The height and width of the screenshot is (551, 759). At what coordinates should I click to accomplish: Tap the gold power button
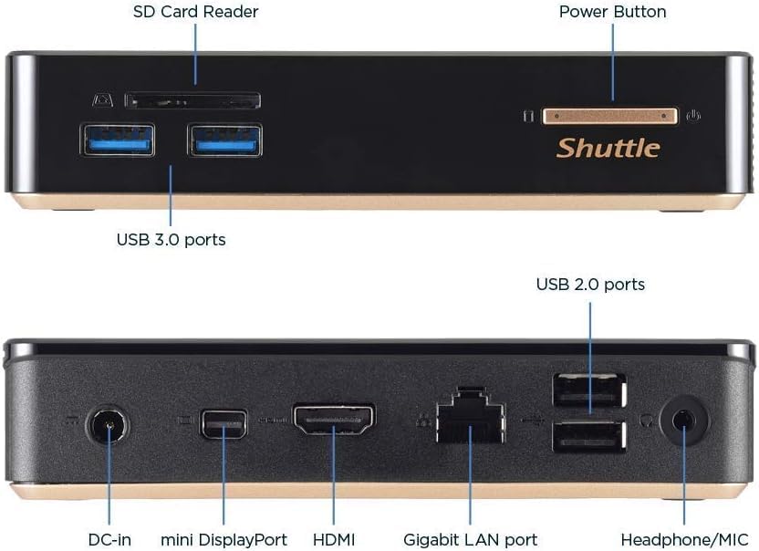point(609,116)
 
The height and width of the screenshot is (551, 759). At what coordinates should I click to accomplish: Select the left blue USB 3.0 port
point(119,140)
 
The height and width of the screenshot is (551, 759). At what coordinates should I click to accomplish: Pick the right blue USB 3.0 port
point(224,140)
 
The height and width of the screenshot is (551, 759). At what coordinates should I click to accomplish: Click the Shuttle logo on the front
point(608,148)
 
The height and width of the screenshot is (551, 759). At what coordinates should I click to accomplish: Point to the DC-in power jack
point(107,425)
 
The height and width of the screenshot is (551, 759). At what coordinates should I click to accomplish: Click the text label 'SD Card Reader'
point(195,12)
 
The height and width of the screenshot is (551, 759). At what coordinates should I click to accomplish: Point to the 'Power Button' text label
point(612,12)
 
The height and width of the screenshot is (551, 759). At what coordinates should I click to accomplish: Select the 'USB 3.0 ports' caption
point(171,240)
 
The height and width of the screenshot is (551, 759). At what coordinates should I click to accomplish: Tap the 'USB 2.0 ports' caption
point(590,285)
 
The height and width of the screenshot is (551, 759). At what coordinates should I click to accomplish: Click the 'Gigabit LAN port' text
point(471,539)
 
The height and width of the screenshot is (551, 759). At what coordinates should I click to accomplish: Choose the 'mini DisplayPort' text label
point(224,539)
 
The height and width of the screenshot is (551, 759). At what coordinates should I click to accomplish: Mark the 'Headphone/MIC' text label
point(684,539)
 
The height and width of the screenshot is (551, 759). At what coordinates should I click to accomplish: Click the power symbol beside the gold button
point(694,116)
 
